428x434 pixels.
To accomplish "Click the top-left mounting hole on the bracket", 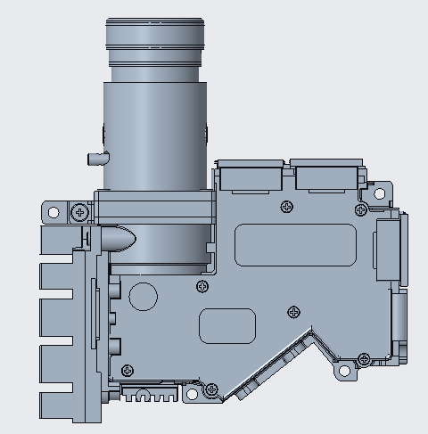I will [53, 213].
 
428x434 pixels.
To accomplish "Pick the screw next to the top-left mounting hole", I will [81, 213].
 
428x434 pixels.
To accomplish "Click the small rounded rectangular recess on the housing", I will [227, 325].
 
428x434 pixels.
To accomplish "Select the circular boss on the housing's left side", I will [144, 294].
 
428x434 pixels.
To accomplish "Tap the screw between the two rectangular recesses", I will [294, 311].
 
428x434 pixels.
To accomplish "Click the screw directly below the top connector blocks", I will [286, 207].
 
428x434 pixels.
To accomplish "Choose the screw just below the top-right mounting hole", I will [359, 210].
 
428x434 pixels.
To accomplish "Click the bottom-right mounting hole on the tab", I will [342, 369].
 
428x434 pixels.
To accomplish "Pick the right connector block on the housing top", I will [326, 176].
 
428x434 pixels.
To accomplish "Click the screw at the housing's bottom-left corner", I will [128, 369].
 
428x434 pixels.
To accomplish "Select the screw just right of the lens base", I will [203, 286].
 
